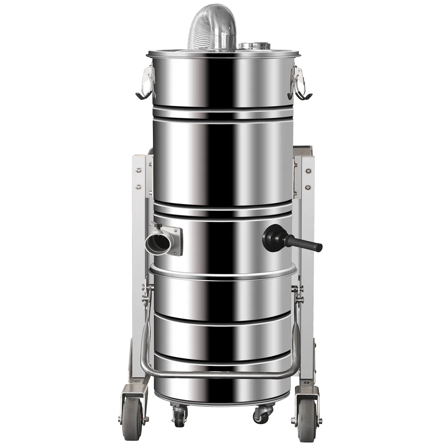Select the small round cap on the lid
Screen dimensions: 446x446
[x=252, y=45]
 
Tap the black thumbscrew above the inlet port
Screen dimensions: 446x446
[x=154, y=225]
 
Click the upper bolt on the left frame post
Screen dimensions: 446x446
[x=138, y=170]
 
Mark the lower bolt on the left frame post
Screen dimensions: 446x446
[x=138, y=186]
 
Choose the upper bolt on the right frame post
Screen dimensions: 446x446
[x=307, y=171]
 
